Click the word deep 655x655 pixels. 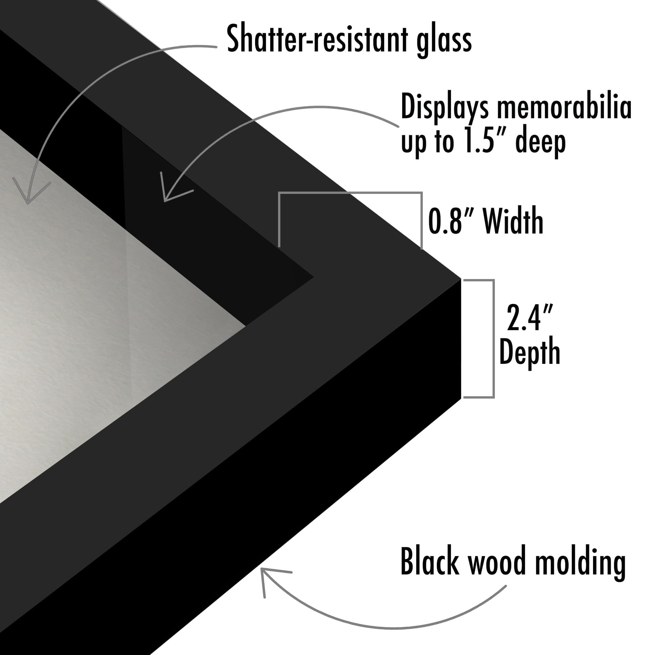(x=541, y=142)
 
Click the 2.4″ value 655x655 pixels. (x=529, y=318)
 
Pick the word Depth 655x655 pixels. (x=529, y=352)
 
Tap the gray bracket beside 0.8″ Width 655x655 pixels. (x=350, y=193)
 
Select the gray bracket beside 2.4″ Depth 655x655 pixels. (x=493, y=339)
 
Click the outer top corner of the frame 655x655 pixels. (x=460, y=279)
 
